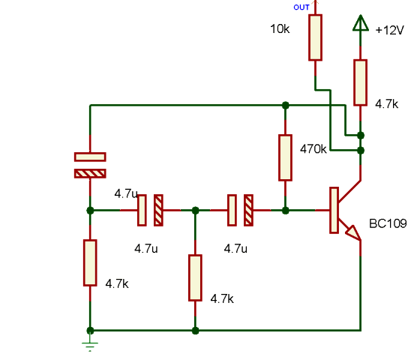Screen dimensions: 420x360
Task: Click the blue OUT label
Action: [301, 7]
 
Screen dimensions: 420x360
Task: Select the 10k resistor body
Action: [315, 37]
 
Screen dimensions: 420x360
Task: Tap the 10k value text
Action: [280, 29]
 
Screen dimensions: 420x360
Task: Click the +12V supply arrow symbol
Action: [361, 22]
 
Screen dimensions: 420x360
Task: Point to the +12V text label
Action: [390, 30]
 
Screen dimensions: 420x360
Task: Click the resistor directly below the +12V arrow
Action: [360, 82]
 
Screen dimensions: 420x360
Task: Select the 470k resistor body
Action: [285, 157]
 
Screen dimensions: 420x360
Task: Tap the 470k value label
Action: [313, 149]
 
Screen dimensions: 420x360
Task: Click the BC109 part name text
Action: [388, 223]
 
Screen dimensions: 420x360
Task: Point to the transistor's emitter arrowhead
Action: [353, 232]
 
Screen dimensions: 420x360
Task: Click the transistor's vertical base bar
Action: [334, 210]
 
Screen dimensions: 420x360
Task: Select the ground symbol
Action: [90, 346]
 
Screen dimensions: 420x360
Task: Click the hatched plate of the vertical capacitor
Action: [90, 173]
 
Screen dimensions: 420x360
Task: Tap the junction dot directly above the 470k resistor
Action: [286, 105]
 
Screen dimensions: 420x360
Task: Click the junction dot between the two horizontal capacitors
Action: [196, 210]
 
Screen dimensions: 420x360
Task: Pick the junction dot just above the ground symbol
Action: [90, 331]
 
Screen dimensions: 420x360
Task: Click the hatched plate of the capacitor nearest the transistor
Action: [248, 210]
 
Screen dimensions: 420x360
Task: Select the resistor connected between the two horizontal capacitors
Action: [195, 277]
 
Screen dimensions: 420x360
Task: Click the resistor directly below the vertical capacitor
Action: [90, 262]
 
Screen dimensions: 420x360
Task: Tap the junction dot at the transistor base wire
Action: [286, 211]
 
